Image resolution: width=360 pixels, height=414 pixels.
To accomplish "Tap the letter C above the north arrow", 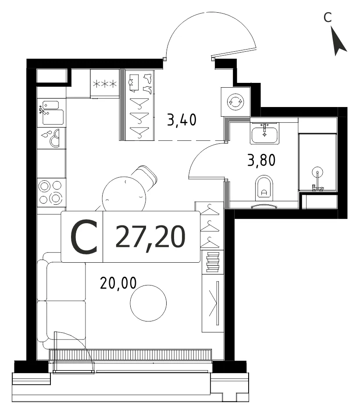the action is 328,18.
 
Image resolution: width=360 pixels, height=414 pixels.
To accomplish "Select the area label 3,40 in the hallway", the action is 182,120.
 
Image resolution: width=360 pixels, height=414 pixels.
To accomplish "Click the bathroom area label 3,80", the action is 261,160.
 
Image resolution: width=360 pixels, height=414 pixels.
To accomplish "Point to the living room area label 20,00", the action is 118,283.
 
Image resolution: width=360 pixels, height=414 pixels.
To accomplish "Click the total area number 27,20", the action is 150,237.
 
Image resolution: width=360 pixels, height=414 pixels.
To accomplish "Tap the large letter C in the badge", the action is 84,237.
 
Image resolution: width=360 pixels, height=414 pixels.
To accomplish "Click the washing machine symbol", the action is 235,102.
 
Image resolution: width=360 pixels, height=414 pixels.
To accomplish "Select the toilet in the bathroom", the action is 264,188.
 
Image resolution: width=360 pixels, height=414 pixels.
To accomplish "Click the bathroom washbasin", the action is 265,133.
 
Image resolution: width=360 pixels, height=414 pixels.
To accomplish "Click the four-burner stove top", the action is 51,193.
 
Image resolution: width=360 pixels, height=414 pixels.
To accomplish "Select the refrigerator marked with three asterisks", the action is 105,84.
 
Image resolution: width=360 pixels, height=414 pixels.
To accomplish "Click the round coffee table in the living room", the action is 148,303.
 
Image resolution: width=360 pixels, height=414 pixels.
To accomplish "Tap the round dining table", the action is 124,194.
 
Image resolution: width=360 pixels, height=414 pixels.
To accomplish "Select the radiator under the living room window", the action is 130,354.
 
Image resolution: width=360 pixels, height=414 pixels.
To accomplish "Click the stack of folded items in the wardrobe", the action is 213,262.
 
